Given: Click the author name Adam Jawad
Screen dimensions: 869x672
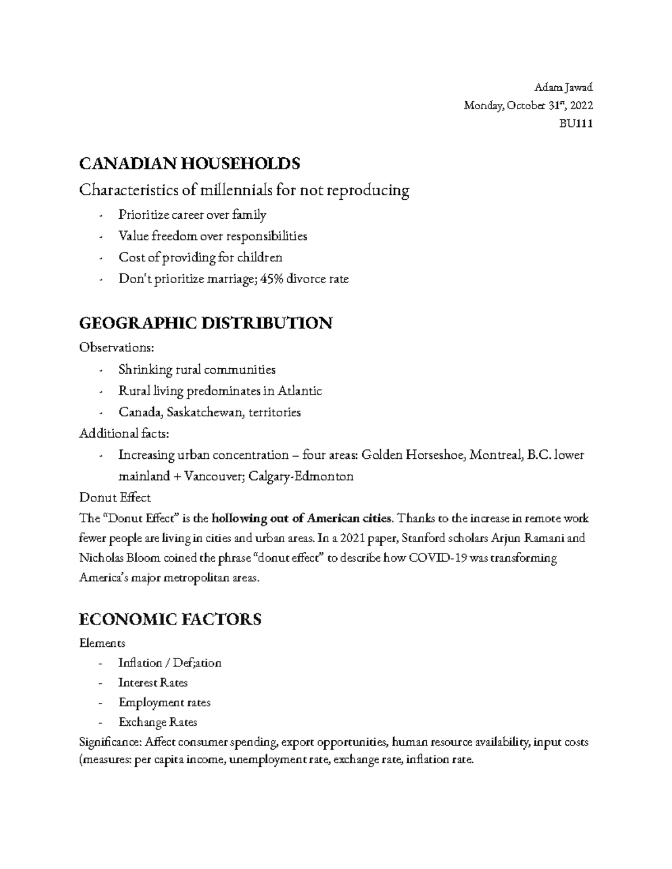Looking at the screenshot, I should pos(563,87).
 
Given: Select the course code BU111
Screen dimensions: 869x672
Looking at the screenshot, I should pos(576,124).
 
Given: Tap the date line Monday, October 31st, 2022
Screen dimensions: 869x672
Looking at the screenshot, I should pos(528,106).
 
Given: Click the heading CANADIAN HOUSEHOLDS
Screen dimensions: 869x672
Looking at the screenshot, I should pos(189,163).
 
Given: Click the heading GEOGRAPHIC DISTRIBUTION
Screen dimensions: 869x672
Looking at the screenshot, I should pos(206,323).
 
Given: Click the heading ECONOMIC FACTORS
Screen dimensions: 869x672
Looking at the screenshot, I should pos(170,619).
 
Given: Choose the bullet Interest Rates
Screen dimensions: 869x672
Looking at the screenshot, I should pos(153,683).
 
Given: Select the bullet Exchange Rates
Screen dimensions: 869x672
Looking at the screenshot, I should pos(157,722).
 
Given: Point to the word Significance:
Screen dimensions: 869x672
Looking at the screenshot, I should pos(110,743).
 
